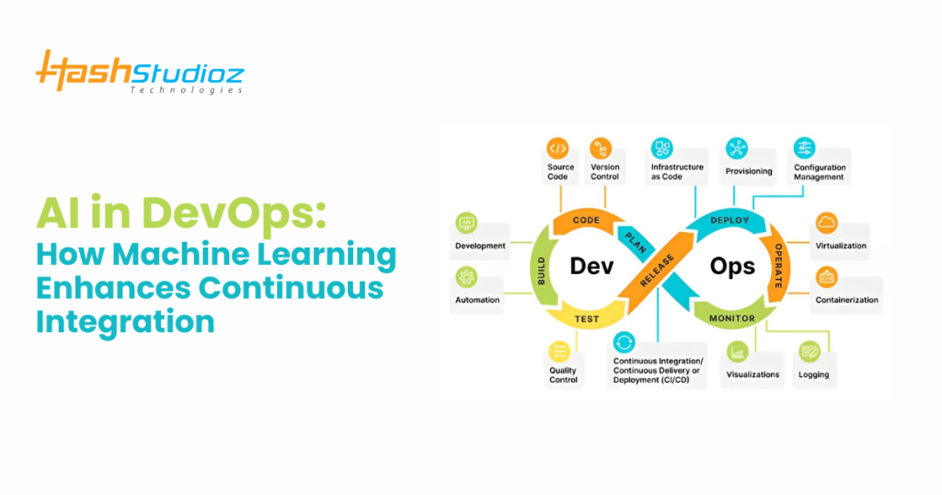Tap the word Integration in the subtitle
(125, 321)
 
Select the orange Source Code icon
(557, 148)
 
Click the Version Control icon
(602, 148)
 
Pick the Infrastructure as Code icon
(662, 148)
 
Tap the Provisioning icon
(737, 148)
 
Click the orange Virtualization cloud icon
(826, 224)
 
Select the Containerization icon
(826, 276)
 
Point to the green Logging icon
(810, 351)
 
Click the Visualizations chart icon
(737, 351)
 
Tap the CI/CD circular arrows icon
(625, 342)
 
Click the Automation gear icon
(466, 276)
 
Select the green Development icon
(466, 224)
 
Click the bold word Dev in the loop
(592, 267)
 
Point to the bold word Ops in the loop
(732, 267)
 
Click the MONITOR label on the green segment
(731, 318)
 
